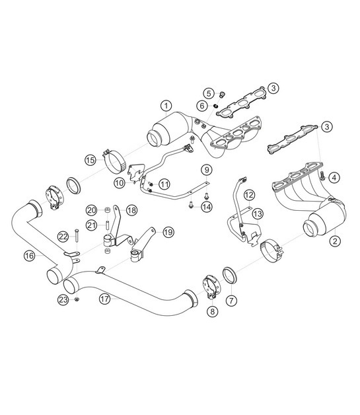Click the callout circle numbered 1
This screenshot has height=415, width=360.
point(166,106)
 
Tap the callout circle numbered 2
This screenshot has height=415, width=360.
point(335,241)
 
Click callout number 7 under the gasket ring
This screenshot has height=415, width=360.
point(231,300)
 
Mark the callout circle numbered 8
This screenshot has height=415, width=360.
point(212,310)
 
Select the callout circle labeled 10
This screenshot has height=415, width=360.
point(119,182)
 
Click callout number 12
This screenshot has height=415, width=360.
point(248,195)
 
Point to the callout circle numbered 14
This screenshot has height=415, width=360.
point(207,206)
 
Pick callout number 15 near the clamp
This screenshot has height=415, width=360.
point(90,159)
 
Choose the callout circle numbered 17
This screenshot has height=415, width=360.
point(104,298)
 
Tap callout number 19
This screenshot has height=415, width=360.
point(168,232)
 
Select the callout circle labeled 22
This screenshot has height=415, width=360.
point(62,236)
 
